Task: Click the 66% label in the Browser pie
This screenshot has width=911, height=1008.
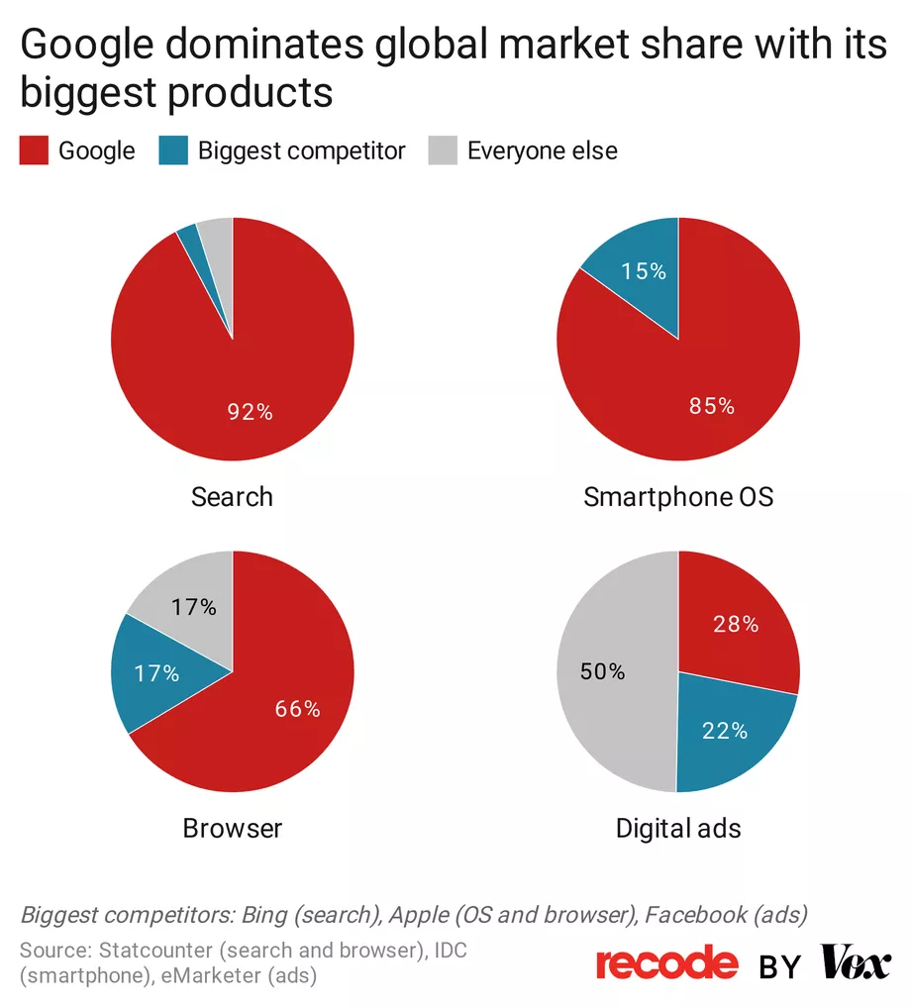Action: coord(297,709)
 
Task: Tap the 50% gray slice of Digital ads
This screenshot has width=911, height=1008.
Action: coord(604,671)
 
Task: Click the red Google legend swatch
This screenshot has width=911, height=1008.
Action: coord(34,151)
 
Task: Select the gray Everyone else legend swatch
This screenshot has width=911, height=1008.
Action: coord(442,151)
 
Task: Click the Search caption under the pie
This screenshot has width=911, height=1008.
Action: coord(232,496)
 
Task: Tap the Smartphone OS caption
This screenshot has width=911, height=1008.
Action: coord(678,496)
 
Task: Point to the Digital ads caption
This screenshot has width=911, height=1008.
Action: coord(678,828)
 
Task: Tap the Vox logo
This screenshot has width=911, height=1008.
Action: coord(856,963)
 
